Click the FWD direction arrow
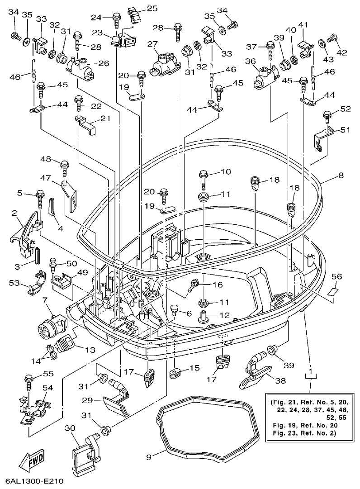[x=32, y=463]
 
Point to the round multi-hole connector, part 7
[x=49, y=324]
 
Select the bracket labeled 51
[x=322, y=138]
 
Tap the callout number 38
[x=280, y=381]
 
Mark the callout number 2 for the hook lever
[x=14, y=213]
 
